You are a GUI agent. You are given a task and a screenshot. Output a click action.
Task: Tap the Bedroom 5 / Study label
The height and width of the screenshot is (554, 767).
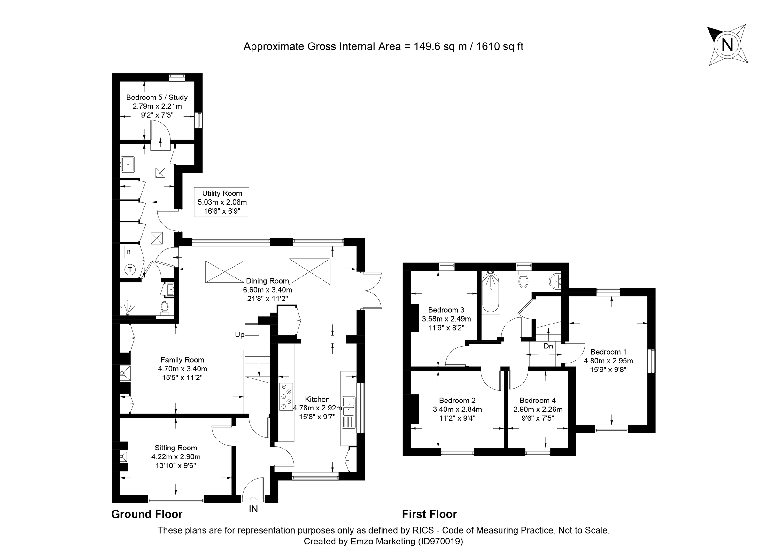[x=157, y=98]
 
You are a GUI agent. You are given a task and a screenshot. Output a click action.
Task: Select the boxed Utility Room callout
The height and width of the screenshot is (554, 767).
[x=221, y=202]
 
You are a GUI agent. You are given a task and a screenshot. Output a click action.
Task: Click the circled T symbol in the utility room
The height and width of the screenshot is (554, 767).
[x=130, y=269]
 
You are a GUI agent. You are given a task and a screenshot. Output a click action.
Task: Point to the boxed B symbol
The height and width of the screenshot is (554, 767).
[x=128, y=252]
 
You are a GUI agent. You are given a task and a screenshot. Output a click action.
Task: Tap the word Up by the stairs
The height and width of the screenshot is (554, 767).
[x=239, y=334]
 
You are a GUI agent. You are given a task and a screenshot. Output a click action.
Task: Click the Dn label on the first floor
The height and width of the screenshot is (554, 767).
[x=548, y=346]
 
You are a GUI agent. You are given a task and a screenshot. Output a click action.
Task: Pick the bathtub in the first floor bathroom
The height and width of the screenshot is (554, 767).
[x=490, y=293]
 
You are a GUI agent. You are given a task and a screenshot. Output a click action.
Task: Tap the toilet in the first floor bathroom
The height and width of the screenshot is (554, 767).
[x=523, y=279]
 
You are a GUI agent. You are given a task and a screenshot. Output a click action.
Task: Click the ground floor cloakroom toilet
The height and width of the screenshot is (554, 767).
[x=165, y=308]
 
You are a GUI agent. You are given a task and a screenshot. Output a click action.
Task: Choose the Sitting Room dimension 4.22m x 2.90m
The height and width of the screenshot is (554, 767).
[x=176, y=456]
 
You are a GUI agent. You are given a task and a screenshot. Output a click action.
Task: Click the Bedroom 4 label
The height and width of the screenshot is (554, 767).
[x=538, y=401]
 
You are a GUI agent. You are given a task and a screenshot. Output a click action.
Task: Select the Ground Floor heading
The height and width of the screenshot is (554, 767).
[x=147, y=514]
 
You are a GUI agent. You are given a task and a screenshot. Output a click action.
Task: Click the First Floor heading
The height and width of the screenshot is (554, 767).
[x=429, y=514]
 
